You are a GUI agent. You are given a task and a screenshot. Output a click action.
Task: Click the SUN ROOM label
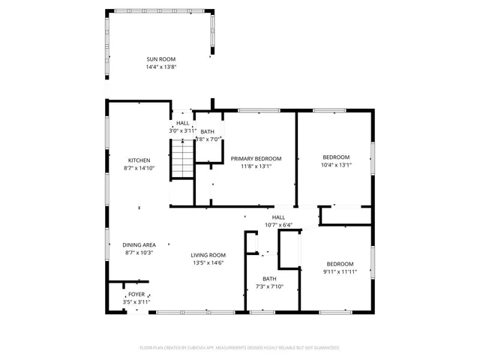pyautogui.click(x=161, y=58)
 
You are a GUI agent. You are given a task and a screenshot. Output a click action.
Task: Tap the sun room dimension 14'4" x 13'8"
pyautogui.click(x=161, y=67)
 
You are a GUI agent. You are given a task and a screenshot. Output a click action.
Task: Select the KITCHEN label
pyautogui.click(x=139, y=160)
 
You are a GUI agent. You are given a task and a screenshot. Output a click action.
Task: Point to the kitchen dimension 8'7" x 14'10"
pyautogui.click(x=139, y=168)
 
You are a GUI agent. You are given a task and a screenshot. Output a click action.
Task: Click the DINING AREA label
pyautogui.click(x=139, y=244)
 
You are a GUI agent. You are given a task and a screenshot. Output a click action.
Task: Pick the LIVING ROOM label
pyautogui.click(x=208, y=254)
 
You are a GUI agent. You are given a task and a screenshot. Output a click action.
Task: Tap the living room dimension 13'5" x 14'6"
pyautogui.click(x=208, y=262)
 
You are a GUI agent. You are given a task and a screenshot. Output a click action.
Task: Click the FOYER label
pyautogui.click(x=136, y=294)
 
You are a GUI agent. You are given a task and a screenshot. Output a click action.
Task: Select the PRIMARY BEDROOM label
pyautogui.click(x=256, y=158)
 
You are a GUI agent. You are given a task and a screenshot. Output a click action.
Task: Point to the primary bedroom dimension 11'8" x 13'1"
pyautogui.click(x=256, y=166)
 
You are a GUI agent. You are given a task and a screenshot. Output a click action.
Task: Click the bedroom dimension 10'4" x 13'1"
pyautogui.click(x=335, y=166)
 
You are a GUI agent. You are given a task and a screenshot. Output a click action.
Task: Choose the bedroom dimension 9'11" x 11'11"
pyautogui.click(x=340, y=271)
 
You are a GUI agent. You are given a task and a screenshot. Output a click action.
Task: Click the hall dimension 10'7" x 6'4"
pyautogui.click(x=278, y=225)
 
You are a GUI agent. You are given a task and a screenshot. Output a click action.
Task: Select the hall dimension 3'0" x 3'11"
pyautogui.click(x=182, y=130)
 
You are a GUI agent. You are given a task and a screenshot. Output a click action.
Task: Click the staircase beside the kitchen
pyautogui.click(x=182, y=161)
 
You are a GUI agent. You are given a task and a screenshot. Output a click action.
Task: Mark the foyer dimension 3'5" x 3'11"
pyautogui.click(x=136, y=302)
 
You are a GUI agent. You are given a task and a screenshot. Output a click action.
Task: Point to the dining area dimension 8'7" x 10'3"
pyautogui.click(x=139, y=253)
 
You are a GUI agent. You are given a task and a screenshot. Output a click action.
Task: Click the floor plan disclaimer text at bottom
pyautogui.click(x=239, y=347)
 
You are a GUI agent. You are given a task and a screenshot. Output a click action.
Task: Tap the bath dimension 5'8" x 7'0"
pyautogui.click(x=208, y=139)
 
